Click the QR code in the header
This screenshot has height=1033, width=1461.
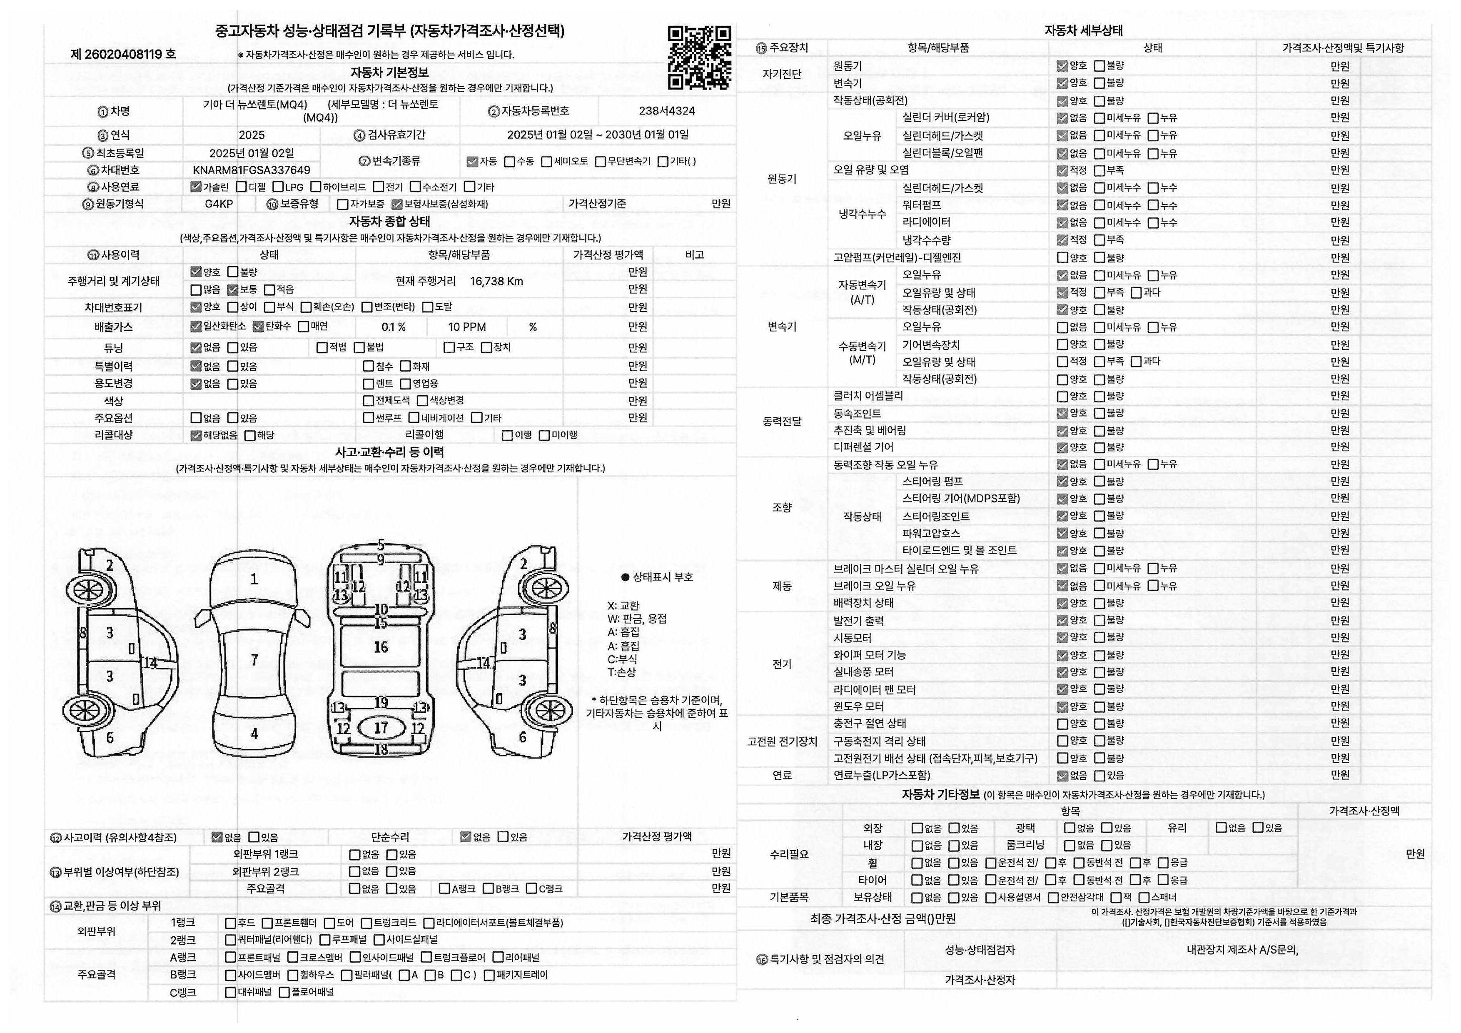point(699,57)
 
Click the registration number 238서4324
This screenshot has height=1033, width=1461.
point(666,111)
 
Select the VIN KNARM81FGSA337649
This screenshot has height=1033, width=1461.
point(252,170)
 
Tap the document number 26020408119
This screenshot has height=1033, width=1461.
point(123,54)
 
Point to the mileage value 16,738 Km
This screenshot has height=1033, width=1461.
point(496,281)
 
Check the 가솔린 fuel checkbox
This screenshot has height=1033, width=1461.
point(196,187)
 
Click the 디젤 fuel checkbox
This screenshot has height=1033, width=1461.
point(241,187)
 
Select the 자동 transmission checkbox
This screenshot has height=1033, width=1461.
point(472,162)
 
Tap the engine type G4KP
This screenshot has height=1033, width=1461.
point(219,204)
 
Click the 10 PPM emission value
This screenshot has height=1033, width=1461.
point(466,327)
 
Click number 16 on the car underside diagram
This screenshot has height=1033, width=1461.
point(381,647)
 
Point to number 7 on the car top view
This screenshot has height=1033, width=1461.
point(254,659)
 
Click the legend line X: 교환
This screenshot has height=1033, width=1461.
point(623,605)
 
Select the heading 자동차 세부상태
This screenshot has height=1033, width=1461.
point(1083,30)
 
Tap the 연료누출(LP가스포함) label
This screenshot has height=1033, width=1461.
point(881,775)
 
